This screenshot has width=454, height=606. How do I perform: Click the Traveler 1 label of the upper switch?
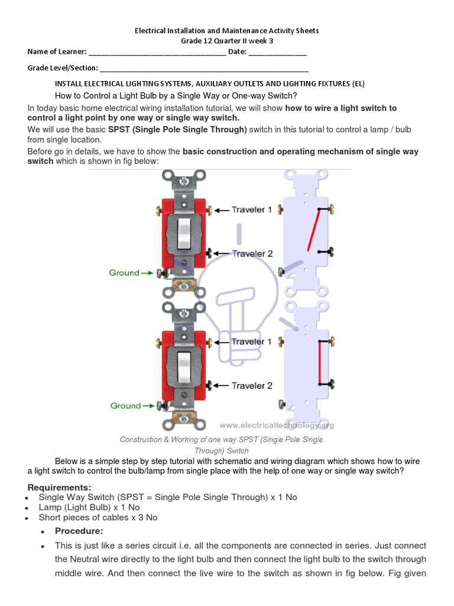click(252, 209)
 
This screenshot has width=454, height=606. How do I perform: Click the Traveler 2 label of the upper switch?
click(252, 254)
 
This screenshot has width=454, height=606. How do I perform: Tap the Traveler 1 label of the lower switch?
click(252, 341)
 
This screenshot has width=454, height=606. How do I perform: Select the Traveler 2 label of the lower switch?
click(252, 386)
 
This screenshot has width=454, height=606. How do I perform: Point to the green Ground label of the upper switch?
click(124, 273)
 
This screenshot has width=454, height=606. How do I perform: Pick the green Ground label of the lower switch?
click(125, 406)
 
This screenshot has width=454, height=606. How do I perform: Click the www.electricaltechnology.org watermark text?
click(277, 425)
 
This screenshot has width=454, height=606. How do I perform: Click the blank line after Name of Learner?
click(157, 53)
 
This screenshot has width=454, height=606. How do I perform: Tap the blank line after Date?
click(277, 53)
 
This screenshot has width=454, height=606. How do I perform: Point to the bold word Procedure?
click(79, 531)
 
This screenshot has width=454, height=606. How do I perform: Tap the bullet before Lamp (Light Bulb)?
click(28, 508)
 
